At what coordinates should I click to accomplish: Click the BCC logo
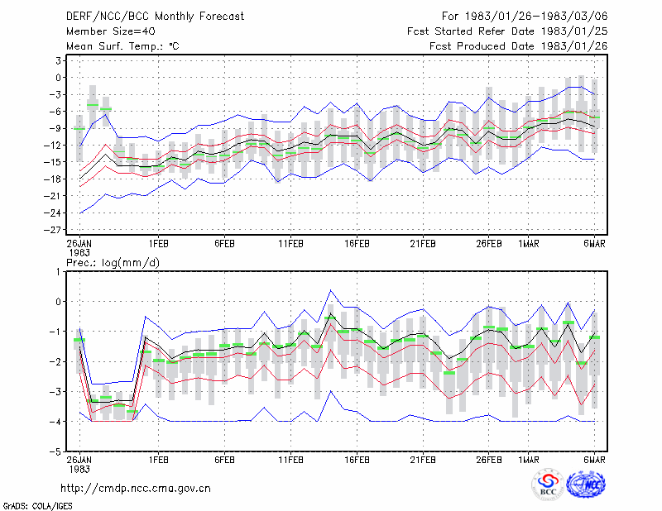(x=548, y=485)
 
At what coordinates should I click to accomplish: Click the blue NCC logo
(x=586, y=485)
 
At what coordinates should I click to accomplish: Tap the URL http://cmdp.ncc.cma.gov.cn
(x=136, y=488)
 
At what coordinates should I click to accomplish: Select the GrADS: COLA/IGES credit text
(x=37, y=505)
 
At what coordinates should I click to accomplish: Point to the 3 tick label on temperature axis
(x=58, y=60)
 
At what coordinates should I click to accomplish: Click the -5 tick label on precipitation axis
(x=55, y=452)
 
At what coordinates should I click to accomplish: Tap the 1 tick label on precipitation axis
(x=58, y=272)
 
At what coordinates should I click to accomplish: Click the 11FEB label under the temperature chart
(x=290, y=243)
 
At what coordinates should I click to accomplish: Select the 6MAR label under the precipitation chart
(x=594, y=460)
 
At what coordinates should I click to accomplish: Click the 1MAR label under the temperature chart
(x=529, y=243)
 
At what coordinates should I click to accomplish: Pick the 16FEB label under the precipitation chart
(x=357, y=460)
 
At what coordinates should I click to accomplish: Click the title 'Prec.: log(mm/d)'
(x=113, y=263)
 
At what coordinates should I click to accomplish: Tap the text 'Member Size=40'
(x=111, y=31)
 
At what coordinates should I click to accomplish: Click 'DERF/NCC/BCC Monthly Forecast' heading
(x=155, y=16)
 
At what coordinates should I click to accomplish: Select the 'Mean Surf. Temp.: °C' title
(x=122, y=46)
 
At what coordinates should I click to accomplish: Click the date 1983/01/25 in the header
(x=574, y=31)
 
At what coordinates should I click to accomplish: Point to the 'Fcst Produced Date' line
(x=519, y=46)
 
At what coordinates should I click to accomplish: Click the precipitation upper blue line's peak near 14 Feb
(x=330, y=290)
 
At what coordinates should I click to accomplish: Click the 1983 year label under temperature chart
(x=79, y=253)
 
